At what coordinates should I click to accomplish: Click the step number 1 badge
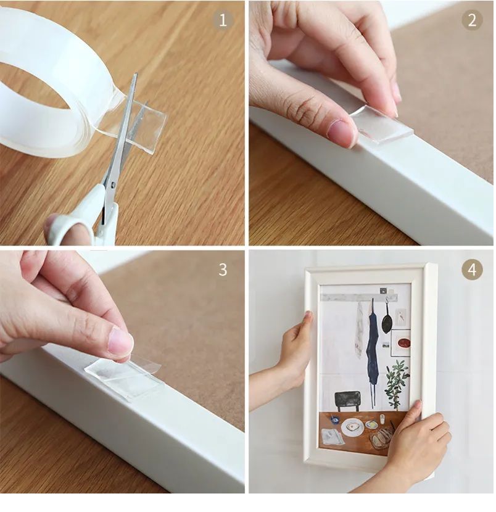click(x=223, y=20)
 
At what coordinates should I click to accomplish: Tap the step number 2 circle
click(x=472, y=20)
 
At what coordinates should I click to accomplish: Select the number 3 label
click(x=223, y=270)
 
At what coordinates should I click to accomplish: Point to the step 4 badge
click(x=472, y=270)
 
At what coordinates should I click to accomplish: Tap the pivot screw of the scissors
click(x=112, y=183)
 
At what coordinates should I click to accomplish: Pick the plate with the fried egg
click(x=352, y=427)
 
